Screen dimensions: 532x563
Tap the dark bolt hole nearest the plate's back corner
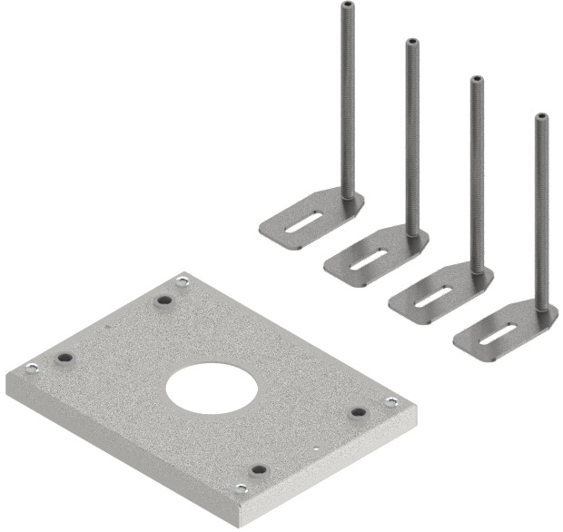(164, 300)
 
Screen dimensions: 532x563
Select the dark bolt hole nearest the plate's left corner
(64, 359)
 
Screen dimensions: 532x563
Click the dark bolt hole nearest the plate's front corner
(259, 470)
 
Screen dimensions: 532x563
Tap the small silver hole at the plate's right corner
(391, 401)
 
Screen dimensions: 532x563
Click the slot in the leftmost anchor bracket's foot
(299, 222)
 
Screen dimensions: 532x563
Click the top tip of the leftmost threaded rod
(347, 5)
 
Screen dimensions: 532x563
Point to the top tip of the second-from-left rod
(411, 42)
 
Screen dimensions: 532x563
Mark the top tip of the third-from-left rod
(477, 80)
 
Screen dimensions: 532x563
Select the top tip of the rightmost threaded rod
(541, 116)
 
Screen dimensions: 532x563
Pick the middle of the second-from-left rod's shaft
(412, 136)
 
